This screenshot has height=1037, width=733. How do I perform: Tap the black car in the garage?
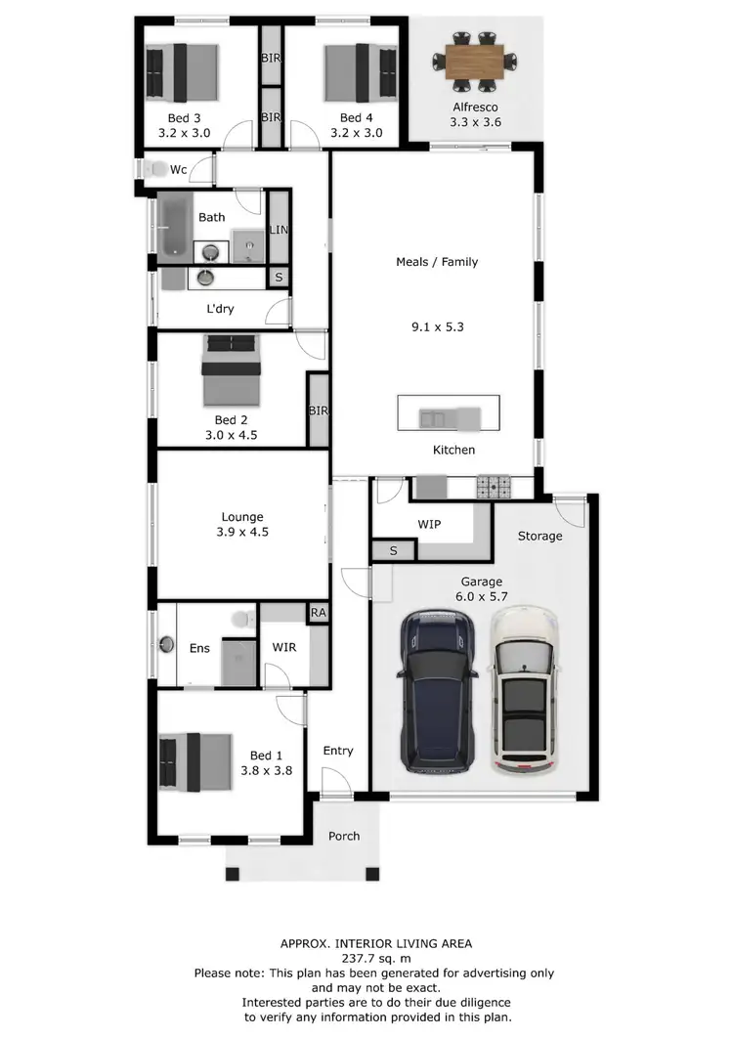tap(439, 690)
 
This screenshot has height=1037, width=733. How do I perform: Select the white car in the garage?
tap(525, 690)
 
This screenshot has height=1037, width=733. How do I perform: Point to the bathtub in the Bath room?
tap(177, 226)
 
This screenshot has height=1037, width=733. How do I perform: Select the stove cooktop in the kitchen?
tap(494, 485)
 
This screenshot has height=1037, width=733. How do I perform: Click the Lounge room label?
tap(242, 517)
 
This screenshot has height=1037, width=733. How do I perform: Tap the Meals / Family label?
tap(437, 262)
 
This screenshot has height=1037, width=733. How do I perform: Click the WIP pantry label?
tap(429, 525)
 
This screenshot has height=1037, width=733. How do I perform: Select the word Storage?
tap(539, 536)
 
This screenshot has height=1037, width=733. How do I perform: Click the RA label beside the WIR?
tap(318, 613)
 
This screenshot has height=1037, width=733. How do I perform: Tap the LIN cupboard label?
tap(279, 230)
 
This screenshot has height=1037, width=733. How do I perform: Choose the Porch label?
tap(344, 836)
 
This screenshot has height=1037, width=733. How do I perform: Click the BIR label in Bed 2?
tap(318, 410)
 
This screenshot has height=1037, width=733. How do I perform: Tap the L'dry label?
tap(220, 309)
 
